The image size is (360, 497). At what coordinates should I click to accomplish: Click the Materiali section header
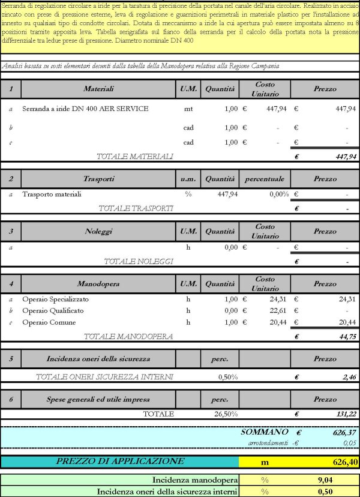(x=99, y=89)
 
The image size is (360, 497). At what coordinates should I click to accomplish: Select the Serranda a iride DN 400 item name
(x=85, y=109)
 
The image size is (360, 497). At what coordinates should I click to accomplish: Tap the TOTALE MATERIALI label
(x=135, y=156)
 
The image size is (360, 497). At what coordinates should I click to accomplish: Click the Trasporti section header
(x=99, y=179)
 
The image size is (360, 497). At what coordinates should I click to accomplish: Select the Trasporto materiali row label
(x=52, y=194)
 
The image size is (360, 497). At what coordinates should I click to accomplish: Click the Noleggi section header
(x=99, y=231)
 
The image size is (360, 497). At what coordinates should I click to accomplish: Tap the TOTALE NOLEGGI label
(x=139, y=261)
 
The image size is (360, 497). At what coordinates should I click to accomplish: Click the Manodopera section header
(x=99, y=283)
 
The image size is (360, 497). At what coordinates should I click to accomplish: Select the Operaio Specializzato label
(x=55, y=299)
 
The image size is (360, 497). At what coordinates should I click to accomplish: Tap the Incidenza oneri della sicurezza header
(x=99, y=359)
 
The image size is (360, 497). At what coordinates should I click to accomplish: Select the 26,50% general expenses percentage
(x=226, y=414)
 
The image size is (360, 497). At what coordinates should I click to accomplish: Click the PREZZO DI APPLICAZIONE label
(x=120, y=462)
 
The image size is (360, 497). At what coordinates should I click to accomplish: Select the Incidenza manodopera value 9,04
(x=325, y=480)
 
